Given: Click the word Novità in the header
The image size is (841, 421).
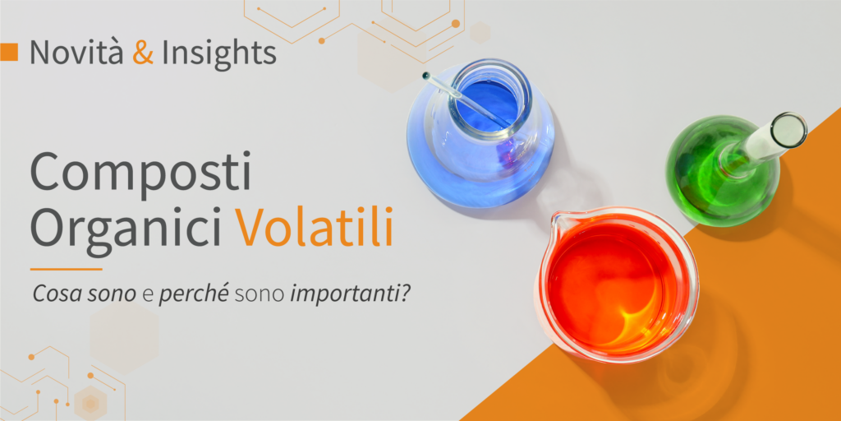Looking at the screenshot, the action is tap(76, 52).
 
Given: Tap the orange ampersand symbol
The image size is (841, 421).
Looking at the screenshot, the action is tap(143, 52).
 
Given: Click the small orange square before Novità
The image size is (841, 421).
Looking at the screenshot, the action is tap(9, 52).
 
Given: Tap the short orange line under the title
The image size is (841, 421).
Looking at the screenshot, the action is tap(66, 269).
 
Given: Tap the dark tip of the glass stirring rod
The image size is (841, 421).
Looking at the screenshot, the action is tap(426, 75).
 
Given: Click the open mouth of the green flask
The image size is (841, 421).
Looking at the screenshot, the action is tap(789, 129).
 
